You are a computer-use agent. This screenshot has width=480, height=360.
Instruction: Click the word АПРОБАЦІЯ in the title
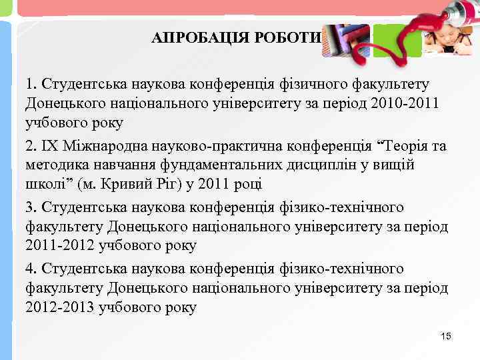(197, 37)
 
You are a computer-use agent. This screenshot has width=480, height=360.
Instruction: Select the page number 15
(446, 336)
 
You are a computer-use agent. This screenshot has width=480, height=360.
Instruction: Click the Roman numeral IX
(51, 146)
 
